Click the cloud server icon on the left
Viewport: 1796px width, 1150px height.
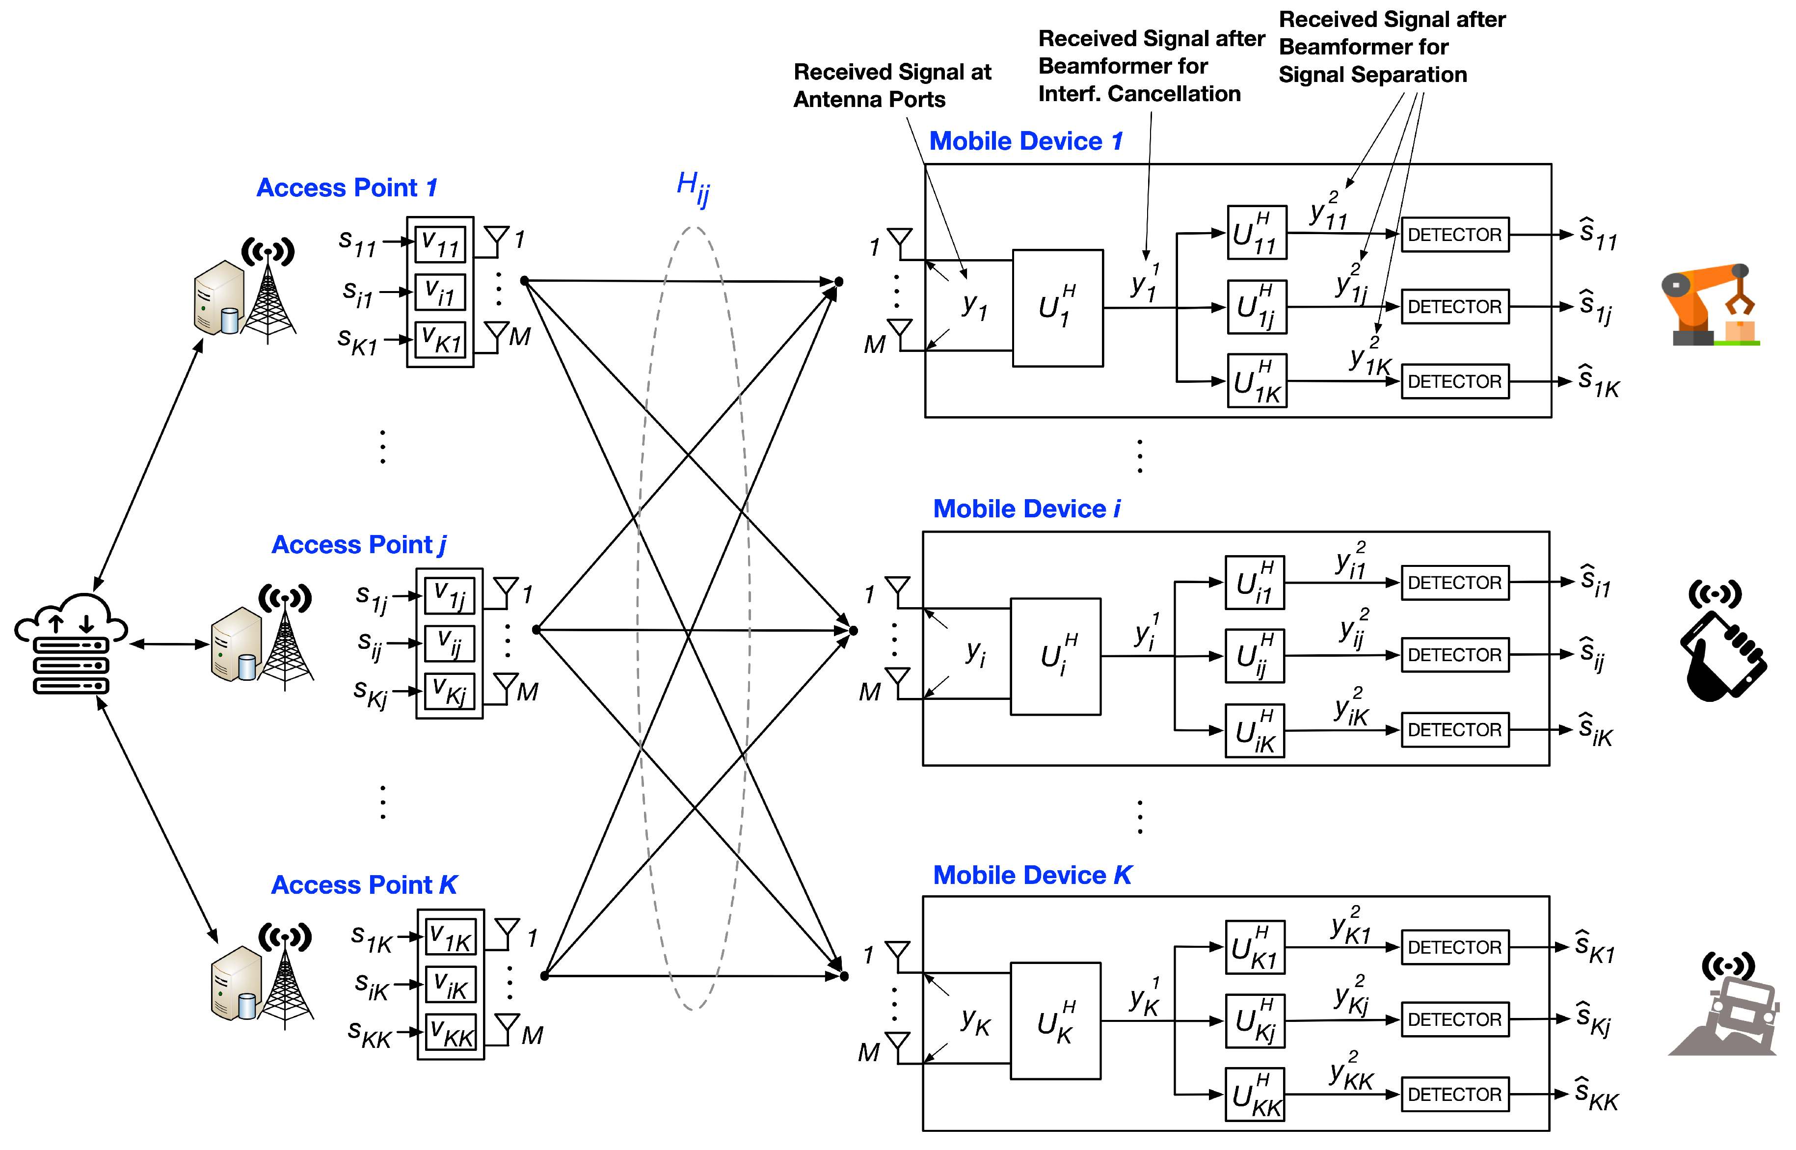(71, 643)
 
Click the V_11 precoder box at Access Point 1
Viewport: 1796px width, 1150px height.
(441, 244)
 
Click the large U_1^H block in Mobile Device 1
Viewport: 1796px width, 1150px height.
(1057, 308)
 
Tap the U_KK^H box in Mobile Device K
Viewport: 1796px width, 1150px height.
(1255, 1095)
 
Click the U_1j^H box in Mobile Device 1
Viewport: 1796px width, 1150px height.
(1257, 307)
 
